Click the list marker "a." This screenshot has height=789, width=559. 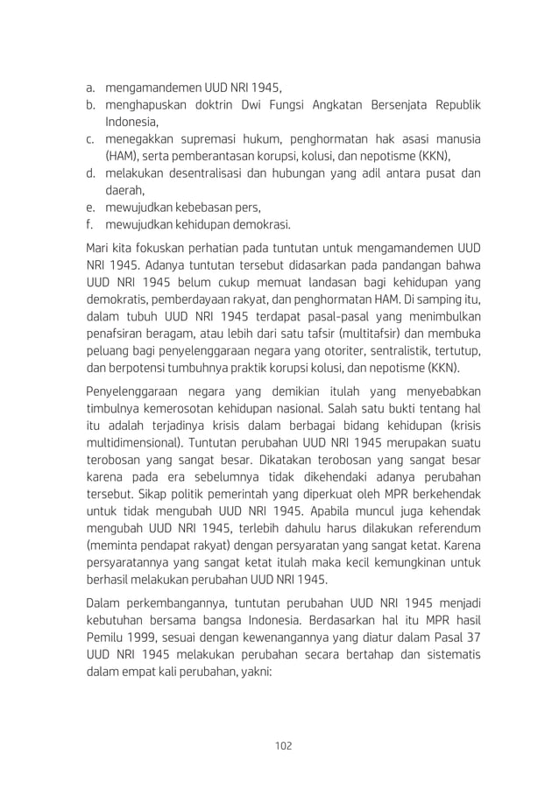pos(89,88)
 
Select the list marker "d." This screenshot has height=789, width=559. pos(89,173)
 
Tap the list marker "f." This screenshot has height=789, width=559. pos(89,224)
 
